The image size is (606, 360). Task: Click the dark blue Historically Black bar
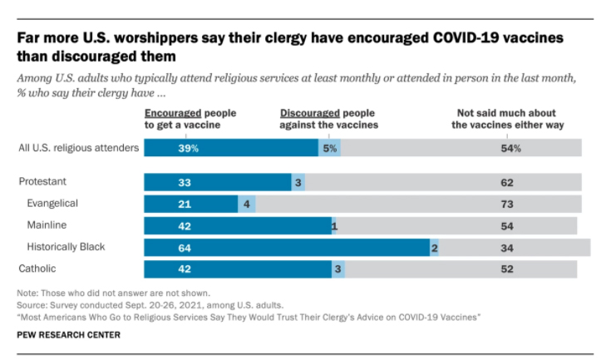[x=287, y=247]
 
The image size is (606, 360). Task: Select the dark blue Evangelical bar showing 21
[x=190, y=204]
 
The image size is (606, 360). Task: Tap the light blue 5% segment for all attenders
[x=329, y=148]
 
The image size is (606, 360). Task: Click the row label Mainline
[x=47, y=224]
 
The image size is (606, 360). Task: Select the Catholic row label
[x=39, y=269]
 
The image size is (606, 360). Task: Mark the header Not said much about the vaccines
[x=509, y=118]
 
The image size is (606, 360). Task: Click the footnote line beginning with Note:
[x=113, y=293]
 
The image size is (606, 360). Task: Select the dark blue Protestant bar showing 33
[x=218, y=182]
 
